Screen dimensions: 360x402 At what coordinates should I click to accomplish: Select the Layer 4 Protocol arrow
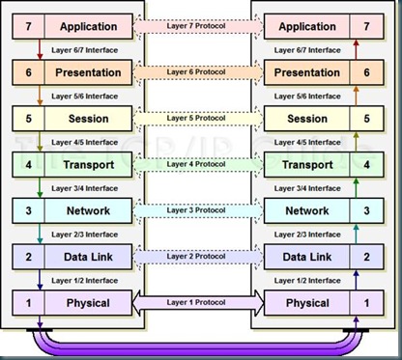tap(200, 164)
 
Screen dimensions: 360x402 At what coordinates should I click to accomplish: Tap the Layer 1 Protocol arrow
tap(200, 303)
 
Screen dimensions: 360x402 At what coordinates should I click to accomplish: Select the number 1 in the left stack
tap(28, 303)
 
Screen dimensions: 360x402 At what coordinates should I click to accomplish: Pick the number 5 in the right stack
tap(364, 118)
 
